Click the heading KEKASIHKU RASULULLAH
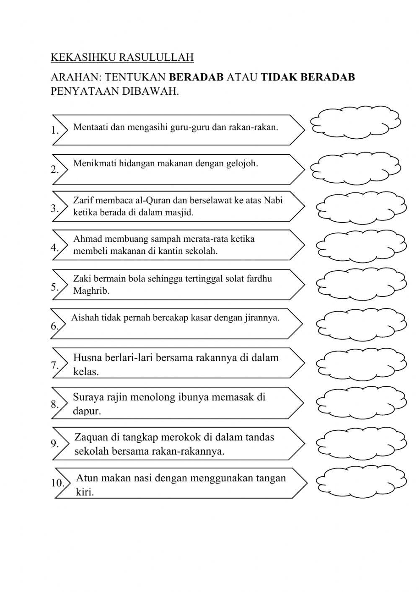(x=122, y=57)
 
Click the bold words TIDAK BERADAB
(x=308, y=77)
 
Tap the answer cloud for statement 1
(x=355, y=122)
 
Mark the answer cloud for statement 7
(x=361, y=363)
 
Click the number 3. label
(x=55, y=209)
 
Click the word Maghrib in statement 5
(x=91, y=291)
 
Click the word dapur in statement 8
(x=86, y=411)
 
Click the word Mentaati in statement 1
(x=91, y=127)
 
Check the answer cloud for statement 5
(x=361, y=285)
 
